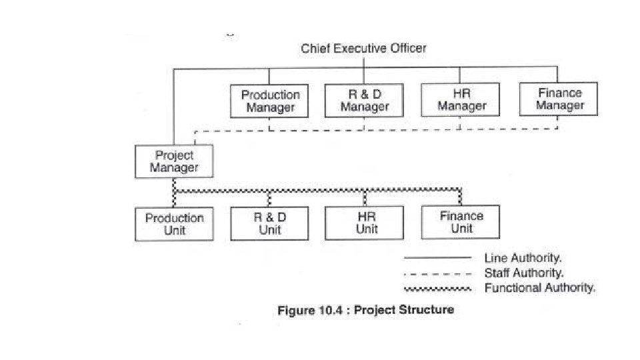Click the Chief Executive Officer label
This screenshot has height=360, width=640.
click(363, 48)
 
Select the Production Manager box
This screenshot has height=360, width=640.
click(269, 101)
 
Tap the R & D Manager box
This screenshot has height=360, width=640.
click(365, 100)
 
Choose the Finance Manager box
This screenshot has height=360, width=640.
click(559, 99)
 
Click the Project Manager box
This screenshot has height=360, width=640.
click(174, 161)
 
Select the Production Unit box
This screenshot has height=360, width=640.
click(174, 225)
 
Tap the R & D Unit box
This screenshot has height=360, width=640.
click(269, 223)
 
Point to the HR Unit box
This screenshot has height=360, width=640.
click(365, 223)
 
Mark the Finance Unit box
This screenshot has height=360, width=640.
click(461, 222)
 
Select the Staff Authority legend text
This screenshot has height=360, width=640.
click(524, 273)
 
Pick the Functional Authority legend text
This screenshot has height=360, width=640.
click(540, 288)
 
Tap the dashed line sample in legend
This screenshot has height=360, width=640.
click(437, 273)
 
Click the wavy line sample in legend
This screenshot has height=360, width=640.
click(437, 289)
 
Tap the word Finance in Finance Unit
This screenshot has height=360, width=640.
click(461, 216)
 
